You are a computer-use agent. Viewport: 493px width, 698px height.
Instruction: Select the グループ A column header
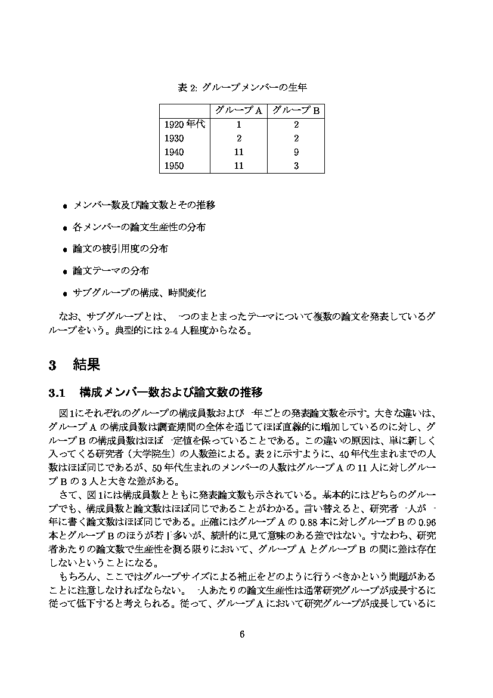[238, 110]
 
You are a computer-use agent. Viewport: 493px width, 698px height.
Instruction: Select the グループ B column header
[296, 110]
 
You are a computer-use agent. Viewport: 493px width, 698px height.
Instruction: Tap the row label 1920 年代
[184, 125]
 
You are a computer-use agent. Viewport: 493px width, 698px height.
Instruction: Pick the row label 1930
[174, 138]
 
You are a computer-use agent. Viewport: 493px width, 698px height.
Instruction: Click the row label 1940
[174, 152]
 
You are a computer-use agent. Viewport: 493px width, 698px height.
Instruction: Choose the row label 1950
[174, 166]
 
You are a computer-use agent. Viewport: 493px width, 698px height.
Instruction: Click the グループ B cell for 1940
[296, 152]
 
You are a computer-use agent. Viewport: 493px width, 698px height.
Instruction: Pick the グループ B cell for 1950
[296, 166]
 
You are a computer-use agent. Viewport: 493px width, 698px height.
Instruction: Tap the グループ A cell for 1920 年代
[238, 125]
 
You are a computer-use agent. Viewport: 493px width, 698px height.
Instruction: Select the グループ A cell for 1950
[238, 166]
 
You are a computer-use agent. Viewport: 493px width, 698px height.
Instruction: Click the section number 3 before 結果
[52, 365]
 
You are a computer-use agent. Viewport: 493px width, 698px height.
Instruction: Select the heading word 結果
[86, 365]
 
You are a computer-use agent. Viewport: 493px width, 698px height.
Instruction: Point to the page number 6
[242, 634]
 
